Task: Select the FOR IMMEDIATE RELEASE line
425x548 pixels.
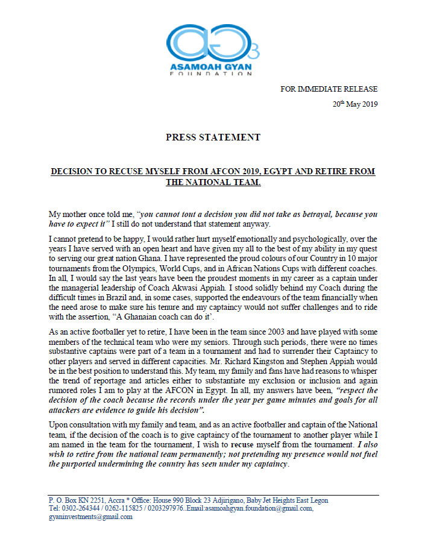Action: click(x=329, y=89)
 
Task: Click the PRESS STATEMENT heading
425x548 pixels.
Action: click(x=213, y=137)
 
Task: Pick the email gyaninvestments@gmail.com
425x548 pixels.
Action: click(x=90, y=516)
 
